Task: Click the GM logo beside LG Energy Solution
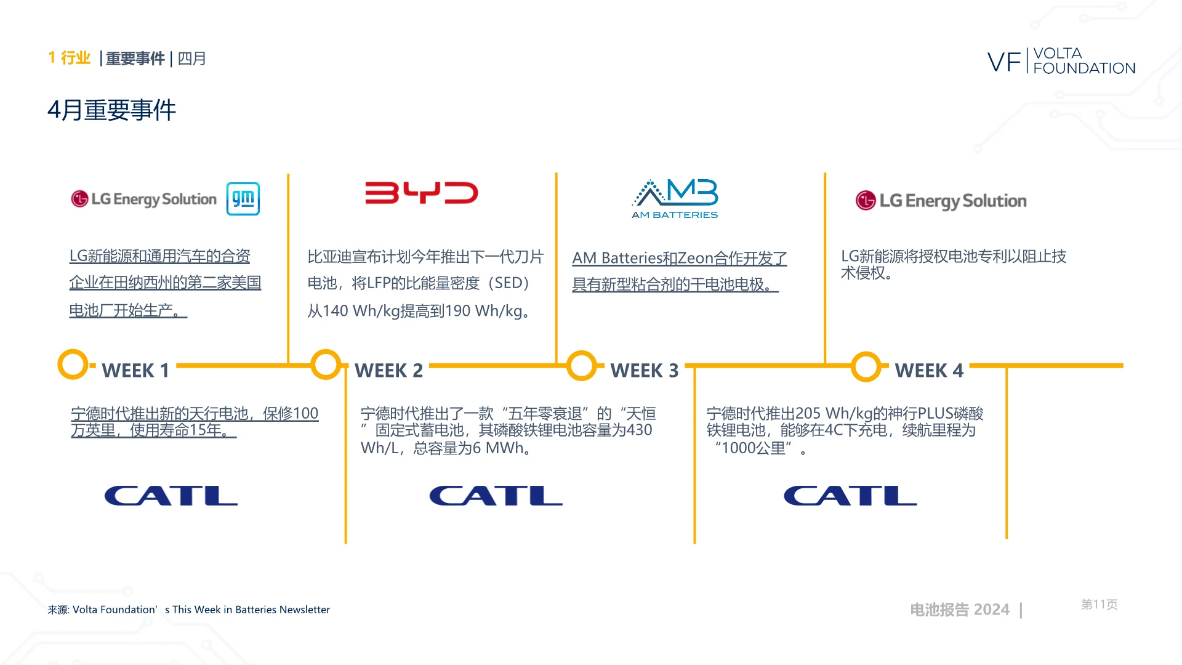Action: pyautogui.click(x=243, y=199)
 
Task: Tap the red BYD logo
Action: pyautogui.click(x=422, y=193)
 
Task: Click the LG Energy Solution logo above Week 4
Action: pyautogui.click(x=941, y=201)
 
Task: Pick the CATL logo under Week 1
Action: pyautogui.click(x=171, y=496)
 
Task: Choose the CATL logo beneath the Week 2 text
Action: pyautogui.click(x=496, y=496)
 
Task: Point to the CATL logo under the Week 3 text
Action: pyautogui.click(x=850, y=496)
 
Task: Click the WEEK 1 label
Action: pyautogui.click(x=135, y=371)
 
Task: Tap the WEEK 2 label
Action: pyautogui.click(x=389, y=371)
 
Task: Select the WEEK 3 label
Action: pyautogui.click(x=645, y=371)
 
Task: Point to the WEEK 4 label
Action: pyautogui.click(x=929, y=371)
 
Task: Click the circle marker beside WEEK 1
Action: pyautogui.click(x=73, y=365)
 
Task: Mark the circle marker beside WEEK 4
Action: pyautogui.click(x=866, y=366)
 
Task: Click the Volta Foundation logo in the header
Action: pyautogui.click(x=1061, y=61)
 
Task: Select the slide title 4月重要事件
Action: pyautogui.click(x=111, y=111)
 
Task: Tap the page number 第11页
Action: pyautogui.click(x=1100, y=605)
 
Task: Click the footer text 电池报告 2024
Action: pyautogui.click(x=960, y=610)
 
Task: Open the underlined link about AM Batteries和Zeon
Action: pyautogui.click(x=679, y=271)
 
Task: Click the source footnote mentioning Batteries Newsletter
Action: pyautogui.click(x=189, y=610)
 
